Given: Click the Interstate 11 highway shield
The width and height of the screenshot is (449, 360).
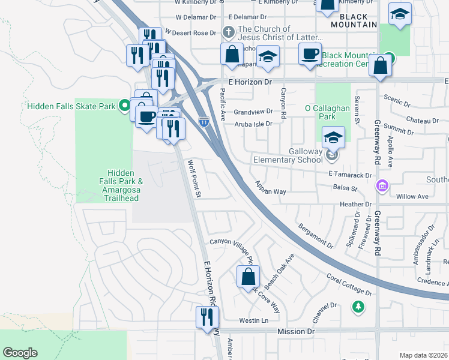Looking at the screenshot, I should coord(204,121).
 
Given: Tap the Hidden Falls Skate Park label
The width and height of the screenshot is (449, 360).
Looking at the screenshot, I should coord(71,106).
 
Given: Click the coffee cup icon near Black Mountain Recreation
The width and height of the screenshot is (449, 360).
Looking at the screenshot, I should coord(310,55).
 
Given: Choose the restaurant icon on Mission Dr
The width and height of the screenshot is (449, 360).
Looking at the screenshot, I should coord(208,316).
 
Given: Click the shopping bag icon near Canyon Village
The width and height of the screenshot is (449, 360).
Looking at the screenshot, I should coord(247,277).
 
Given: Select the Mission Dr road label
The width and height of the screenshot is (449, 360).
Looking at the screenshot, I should coord(296,331).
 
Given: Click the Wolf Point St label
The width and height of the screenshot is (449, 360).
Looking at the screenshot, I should coord(195,178).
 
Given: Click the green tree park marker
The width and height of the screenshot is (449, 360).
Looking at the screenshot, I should coord(358,307).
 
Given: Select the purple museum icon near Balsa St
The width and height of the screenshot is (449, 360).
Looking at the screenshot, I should coord(381,187).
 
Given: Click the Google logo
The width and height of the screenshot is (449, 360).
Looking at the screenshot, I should coord(20,353).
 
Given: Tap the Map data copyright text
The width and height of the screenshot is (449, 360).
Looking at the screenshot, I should coord(424,355).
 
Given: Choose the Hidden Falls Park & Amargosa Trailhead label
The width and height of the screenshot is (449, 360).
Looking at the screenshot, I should coord(120,185).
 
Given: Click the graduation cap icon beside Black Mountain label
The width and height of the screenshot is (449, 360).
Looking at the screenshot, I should coord(400,14).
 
